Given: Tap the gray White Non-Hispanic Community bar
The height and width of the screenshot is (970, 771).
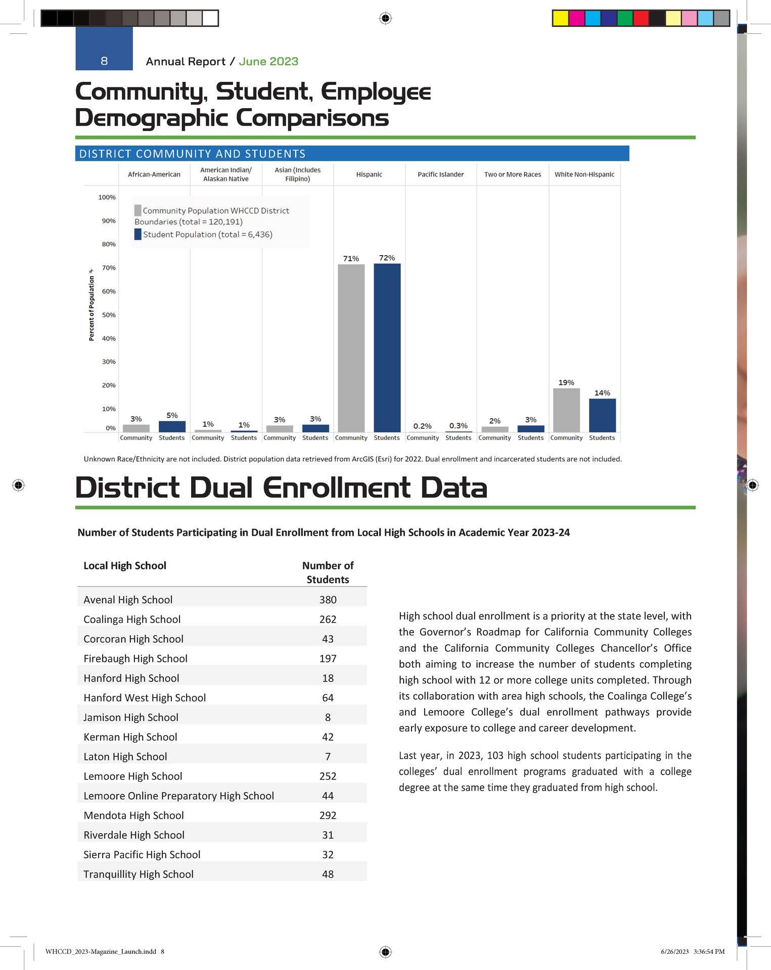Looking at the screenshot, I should [x=566, y=410].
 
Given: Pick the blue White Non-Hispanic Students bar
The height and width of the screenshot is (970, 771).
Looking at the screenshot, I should [x=602, y=415].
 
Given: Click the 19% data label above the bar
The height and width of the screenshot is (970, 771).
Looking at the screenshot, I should [x=566, y=382].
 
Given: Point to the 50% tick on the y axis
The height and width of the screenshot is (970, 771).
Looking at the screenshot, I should [x=109, y=315].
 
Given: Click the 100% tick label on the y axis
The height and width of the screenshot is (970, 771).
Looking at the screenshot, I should [x=107, y=197].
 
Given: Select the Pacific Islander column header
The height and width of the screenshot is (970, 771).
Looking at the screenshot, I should [x=440, y=174].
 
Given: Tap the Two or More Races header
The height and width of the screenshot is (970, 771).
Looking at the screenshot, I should [x=512, y=174].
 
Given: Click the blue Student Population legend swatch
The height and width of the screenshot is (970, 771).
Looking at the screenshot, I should [x=138, y=234].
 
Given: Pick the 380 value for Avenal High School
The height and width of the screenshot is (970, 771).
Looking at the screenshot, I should [x=328, y=600].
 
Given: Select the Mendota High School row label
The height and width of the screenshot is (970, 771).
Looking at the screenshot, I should [x=133, y=815].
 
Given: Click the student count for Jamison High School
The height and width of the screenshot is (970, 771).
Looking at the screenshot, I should [x=328, y=717].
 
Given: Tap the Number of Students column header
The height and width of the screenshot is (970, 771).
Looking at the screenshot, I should [x=328, y=572].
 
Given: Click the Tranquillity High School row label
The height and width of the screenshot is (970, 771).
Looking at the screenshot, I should [x=139, y=874].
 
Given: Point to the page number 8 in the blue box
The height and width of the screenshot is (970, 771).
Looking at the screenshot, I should [x=104, y=61].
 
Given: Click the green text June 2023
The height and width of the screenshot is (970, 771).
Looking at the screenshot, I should [x=268, y=62].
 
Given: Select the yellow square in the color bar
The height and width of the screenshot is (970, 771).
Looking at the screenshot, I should [x=560, y=18].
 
